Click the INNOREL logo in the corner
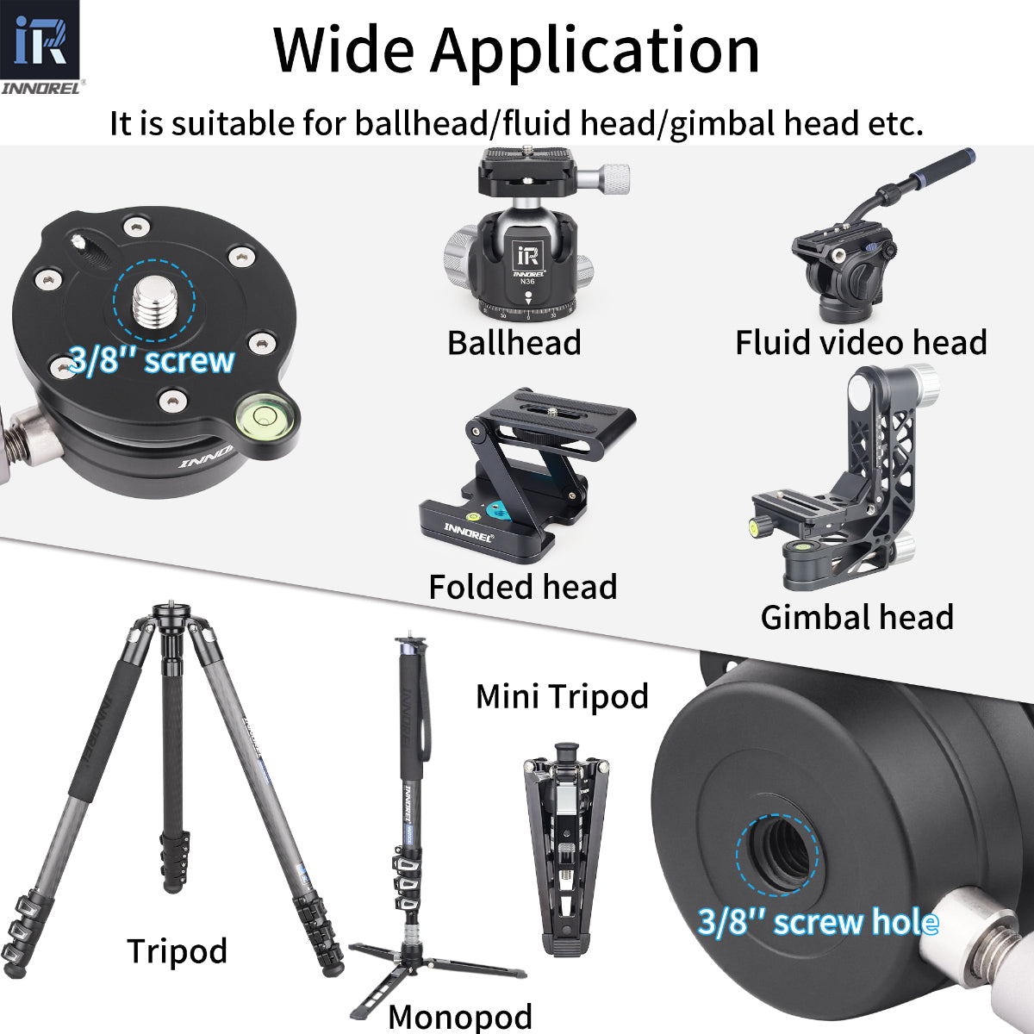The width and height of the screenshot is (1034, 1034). [40, 48]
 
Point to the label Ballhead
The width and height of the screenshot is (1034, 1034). [514, 343]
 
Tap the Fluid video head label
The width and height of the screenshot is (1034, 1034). [860, 343]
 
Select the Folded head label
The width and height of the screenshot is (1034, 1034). [522, 588]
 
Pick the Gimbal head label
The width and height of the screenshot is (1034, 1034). [856, 618]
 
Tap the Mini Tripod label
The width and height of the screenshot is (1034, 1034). [562, 696]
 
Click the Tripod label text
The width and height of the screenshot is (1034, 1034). [177, 951]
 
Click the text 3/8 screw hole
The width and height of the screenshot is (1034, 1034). [817, 923]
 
